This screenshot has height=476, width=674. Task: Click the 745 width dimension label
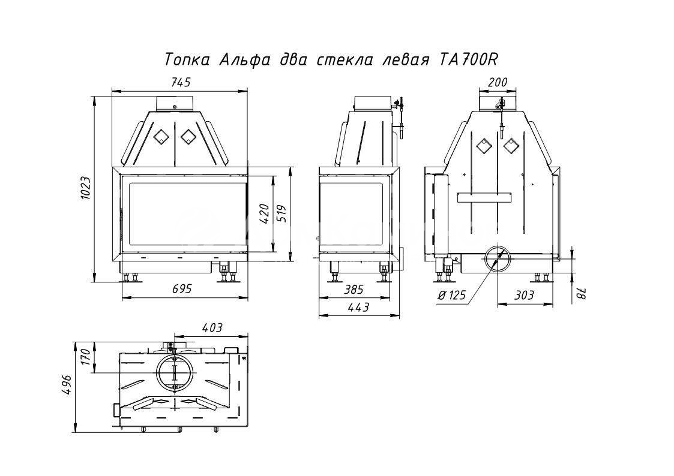pos(181,82)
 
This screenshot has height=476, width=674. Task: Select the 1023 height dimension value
pos(85,188)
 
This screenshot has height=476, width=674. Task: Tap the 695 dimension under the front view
pos(181,289)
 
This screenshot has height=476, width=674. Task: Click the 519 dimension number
pos(281,213)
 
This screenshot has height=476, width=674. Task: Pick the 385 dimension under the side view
pos(354,290)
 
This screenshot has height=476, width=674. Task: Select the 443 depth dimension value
pos(359,308)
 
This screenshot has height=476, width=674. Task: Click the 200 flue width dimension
pos(498,82)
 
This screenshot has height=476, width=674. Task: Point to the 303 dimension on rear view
pos(524,295)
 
